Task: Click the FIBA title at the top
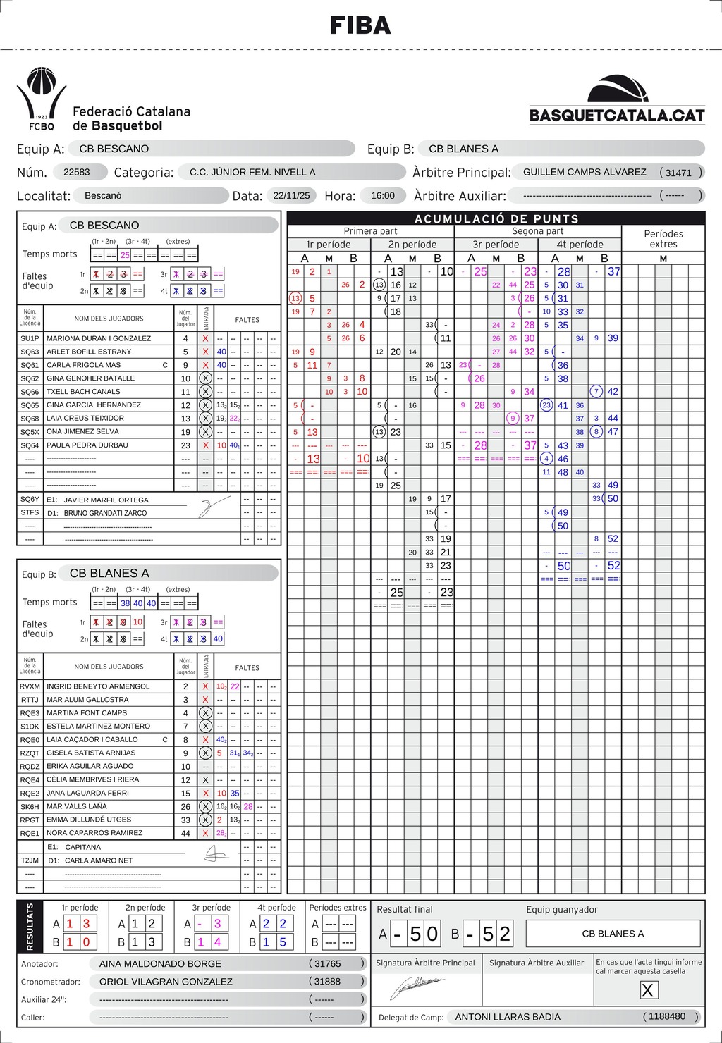360,25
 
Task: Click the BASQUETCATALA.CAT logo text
617,116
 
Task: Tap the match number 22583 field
77,172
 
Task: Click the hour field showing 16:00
383,195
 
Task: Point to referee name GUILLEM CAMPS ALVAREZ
585,172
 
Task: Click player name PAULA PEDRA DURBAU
87,445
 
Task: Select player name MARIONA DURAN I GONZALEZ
99,338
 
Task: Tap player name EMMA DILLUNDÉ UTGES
89,820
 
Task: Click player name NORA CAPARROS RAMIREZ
94,833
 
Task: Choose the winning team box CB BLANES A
613,934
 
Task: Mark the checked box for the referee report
647,990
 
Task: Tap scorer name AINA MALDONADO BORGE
160,963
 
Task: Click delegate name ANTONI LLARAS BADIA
508,1017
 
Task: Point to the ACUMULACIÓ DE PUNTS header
496,218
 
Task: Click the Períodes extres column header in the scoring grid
663,239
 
